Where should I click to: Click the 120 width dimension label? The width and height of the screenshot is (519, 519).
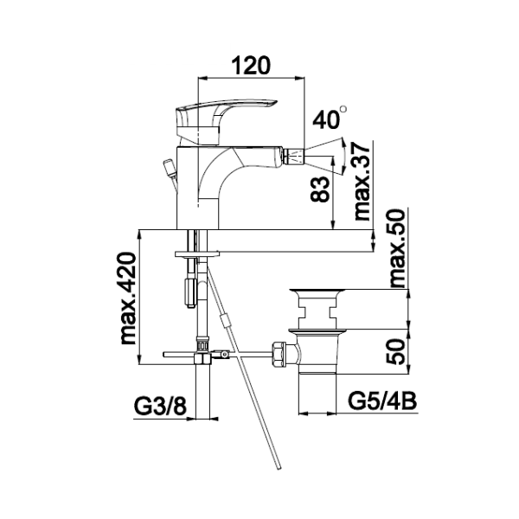(x=253, y=66)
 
